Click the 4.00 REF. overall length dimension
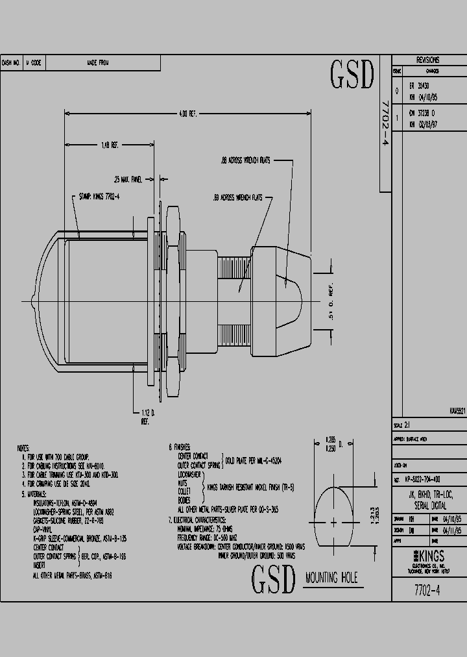point(188,114)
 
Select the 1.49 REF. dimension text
point(109,145)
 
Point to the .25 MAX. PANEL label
point(127,179)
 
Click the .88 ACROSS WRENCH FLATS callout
point(245,159)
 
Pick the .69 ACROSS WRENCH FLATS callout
point(237,197)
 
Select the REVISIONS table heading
point(428,58)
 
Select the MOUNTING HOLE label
point(331,579)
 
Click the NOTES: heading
point(23,449)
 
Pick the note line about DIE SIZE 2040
point(56,484)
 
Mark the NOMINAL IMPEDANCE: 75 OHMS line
point(206,529)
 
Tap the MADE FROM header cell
point(98,63)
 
